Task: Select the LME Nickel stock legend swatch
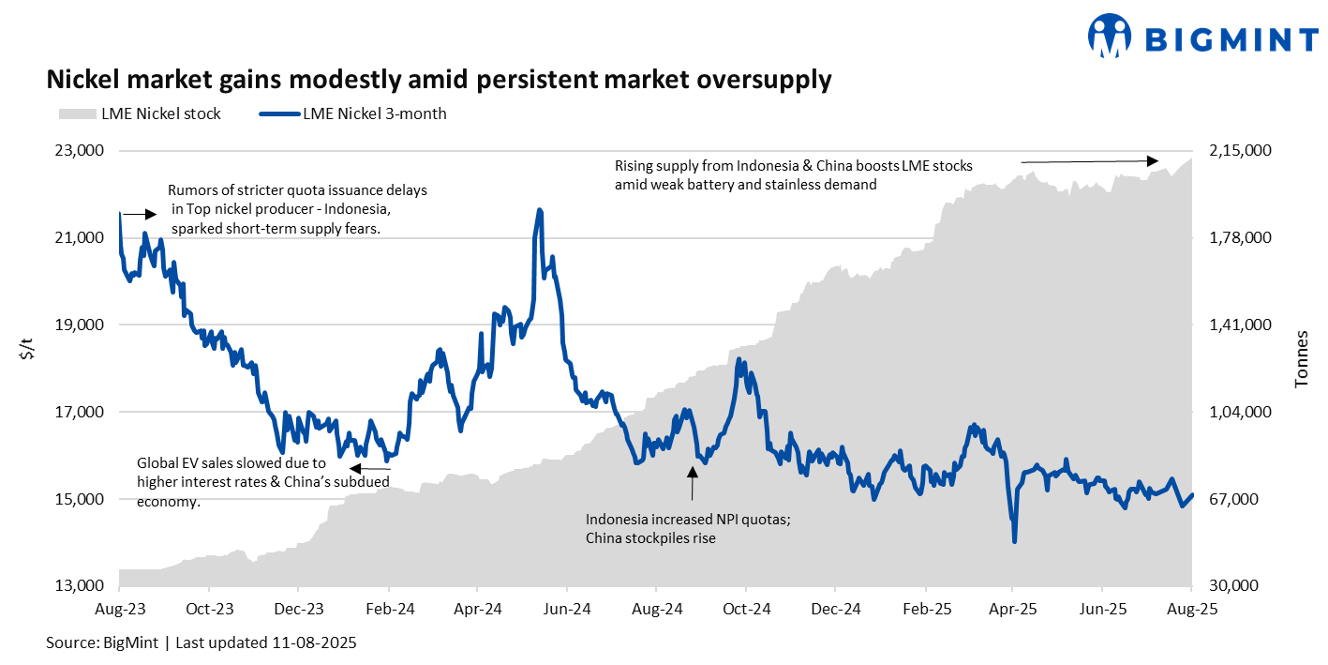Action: click(x=76, y=113)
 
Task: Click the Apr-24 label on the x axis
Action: click(x=478, y=609)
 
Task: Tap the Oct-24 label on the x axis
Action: click(x=746, y=609)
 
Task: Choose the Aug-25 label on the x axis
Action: click(x=1190, y=609)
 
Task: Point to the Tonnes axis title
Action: click(x=1302, y=359)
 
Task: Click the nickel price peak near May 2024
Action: click(x=539, y=210)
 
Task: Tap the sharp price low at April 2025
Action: click(x=1014, y=540)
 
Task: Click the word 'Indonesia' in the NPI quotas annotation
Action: click(x=618, y=520)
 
